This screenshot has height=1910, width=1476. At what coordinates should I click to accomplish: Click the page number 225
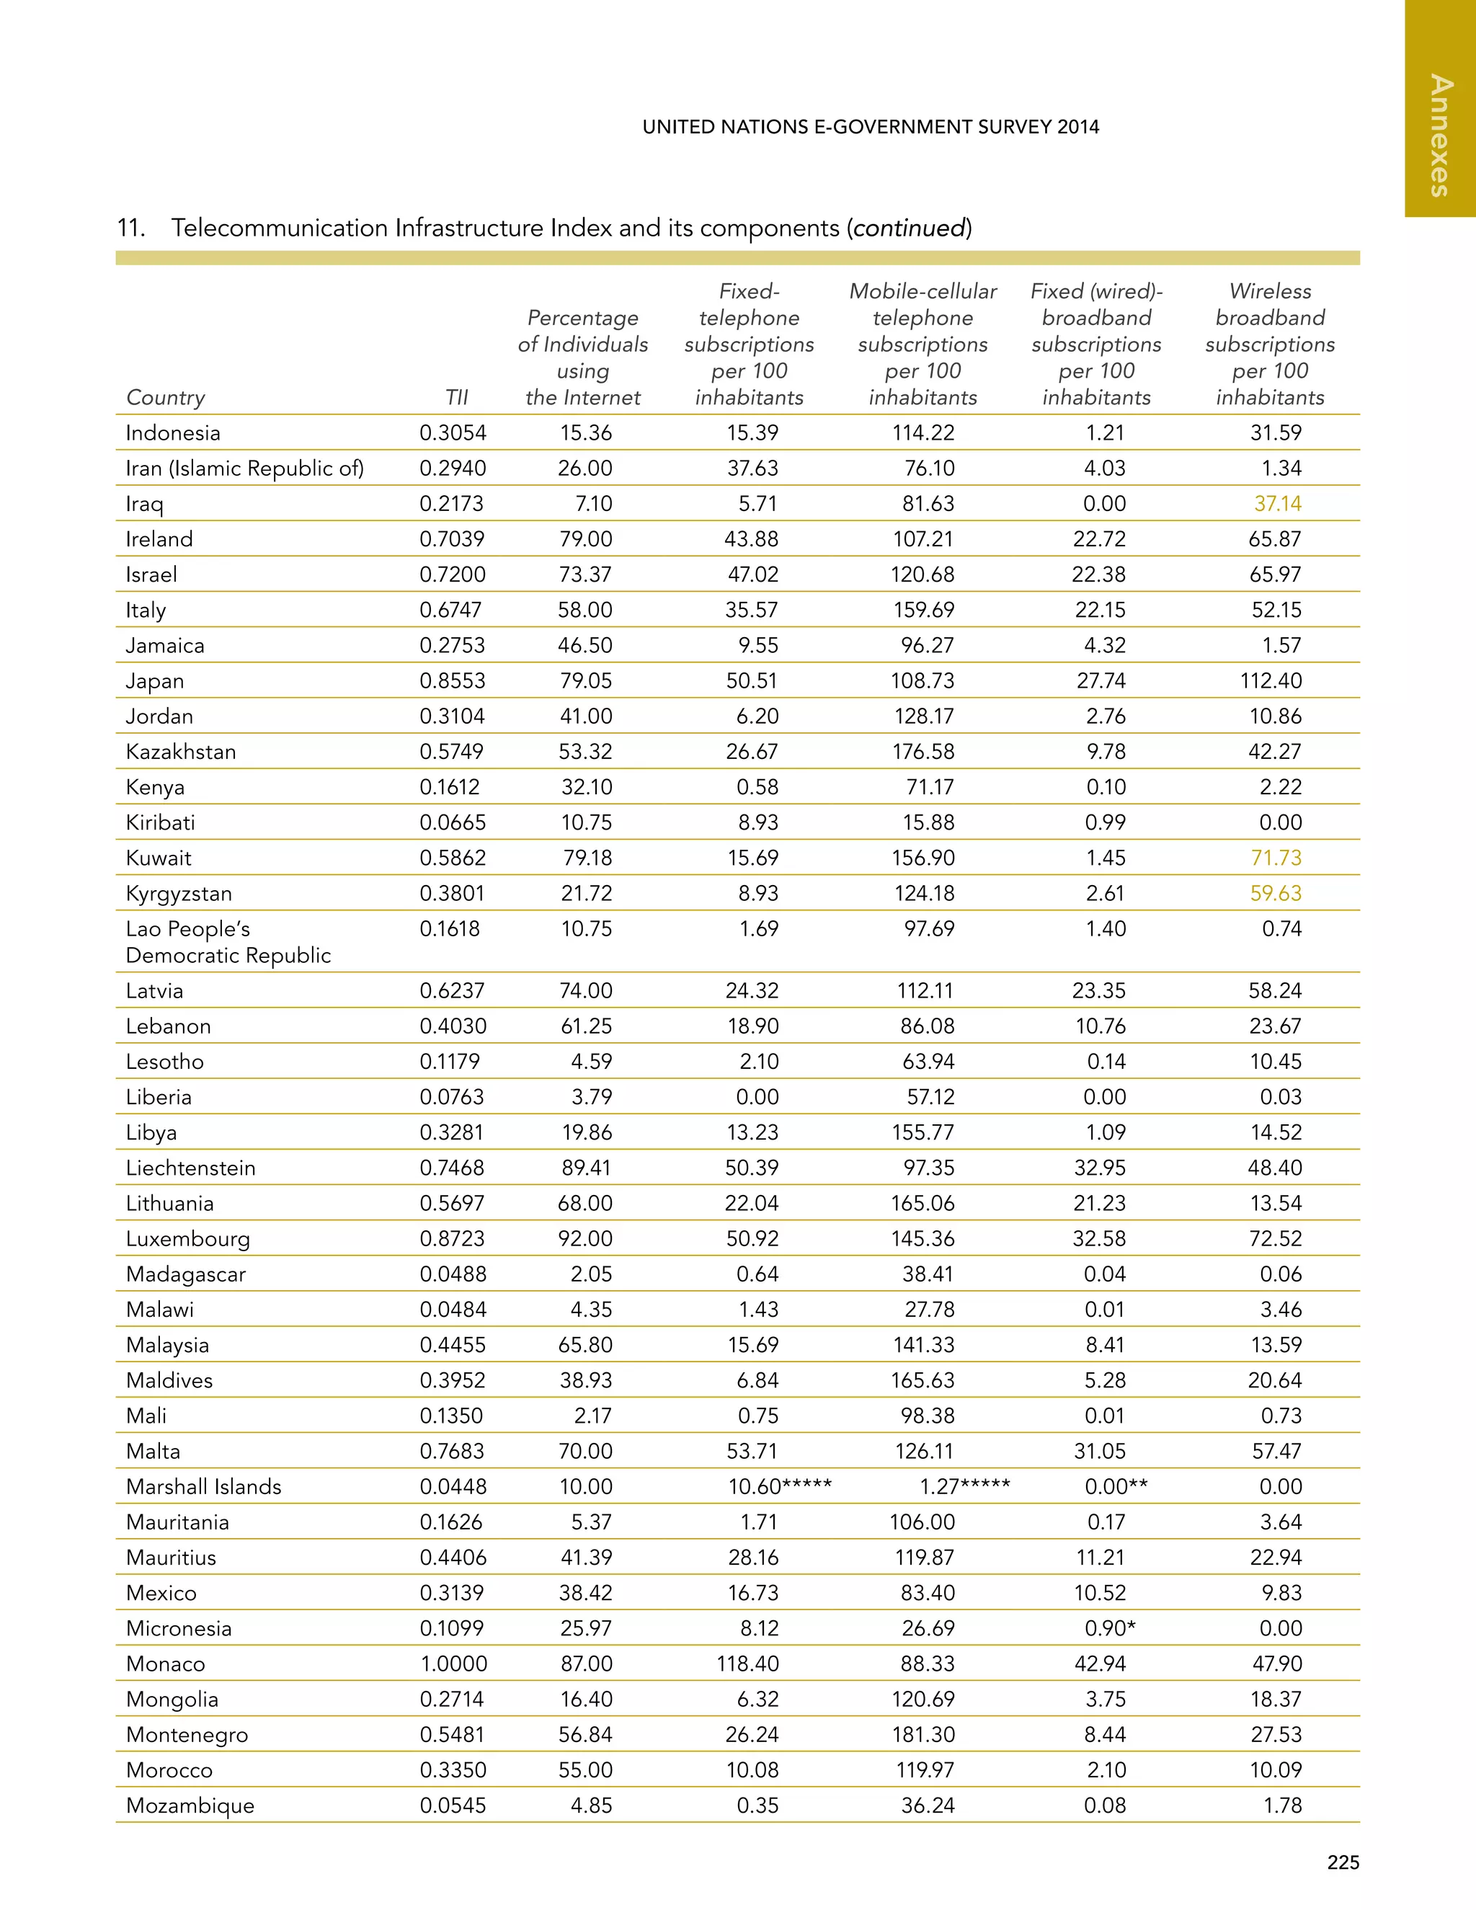[x=1342, y=1862]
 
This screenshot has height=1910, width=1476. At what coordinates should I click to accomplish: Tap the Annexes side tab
[x=1439, y=136]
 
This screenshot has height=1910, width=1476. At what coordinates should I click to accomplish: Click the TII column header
[x=456, y=397]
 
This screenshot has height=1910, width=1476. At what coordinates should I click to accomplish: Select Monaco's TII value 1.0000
[x=453, y=1664]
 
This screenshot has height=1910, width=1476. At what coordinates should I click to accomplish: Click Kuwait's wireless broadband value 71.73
[x=1276, y=858]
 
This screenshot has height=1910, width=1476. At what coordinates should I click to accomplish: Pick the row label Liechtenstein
[x=190, y=1168]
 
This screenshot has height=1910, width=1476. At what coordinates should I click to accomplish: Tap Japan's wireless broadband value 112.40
[x=1271, y=680]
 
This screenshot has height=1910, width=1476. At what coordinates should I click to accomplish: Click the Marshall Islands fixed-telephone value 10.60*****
[x=779, y=1487]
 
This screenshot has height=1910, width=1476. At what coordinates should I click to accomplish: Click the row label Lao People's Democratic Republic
[x=227, y=942]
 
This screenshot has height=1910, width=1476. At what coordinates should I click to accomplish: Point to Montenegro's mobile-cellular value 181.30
[x=922, y=1734]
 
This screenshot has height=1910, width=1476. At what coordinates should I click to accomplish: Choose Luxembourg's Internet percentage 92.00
[x=585, y=1238]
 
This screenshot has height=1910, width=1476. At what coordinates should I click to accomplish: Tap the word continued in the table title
[x=910, y=228]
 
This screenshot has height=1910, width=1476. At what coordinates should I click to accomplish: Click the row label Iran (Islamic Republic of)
[x=244, y=468]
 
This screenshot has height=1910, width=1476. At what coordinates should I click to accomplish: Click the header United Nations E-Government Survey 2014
[x=870, y=127]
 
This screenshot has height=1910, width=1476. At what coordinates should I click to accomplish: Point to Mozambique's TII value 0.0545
[x=452, y=1805]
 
